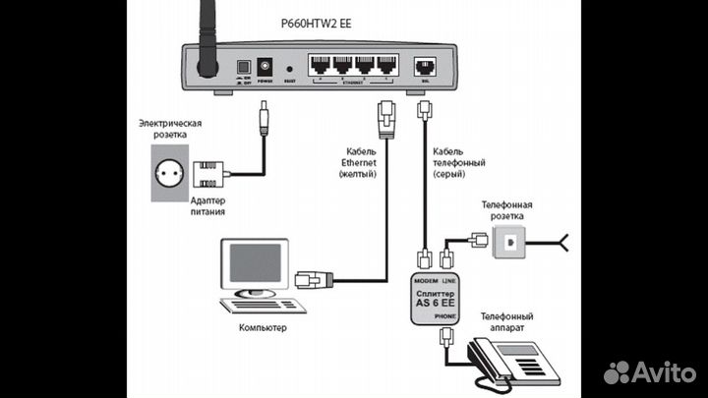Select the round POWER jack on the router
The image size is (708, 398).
264,66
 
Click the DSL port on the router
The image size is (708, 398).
426,67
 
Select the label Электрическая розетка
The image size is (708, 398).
170,129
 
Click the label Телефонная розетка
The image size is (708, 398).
507,207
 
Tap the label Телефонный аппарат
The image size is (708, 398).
507,323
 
